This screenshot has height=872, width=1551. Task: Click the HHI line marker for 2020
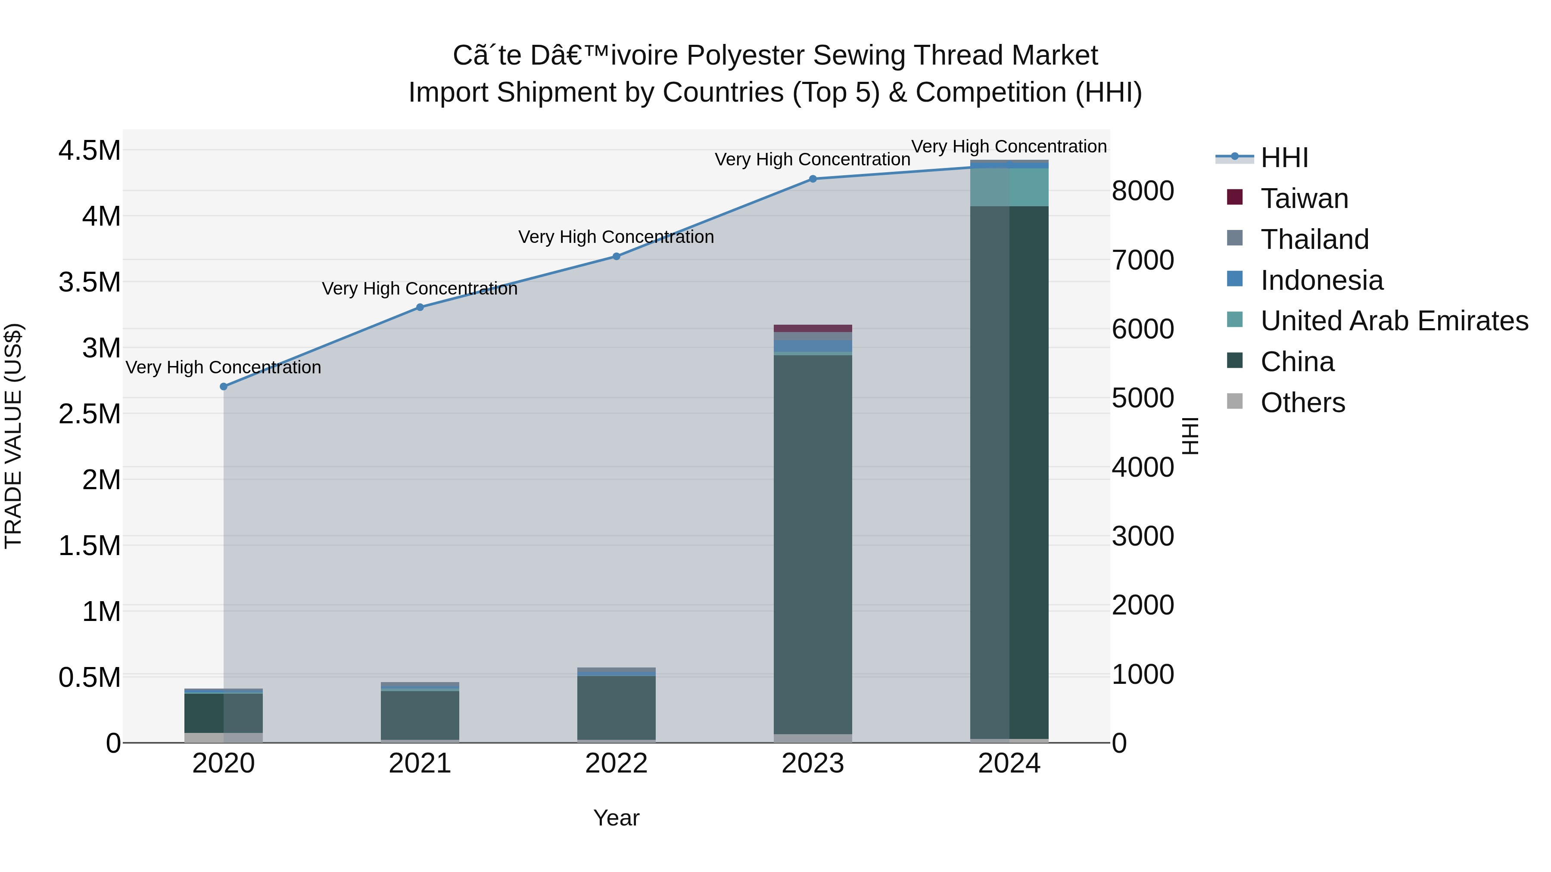coord(223,386)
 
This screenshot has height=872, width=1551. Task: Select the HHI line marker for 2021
coord(420,307)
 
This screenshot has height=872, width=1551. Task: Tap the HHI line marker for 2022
coord(617,256)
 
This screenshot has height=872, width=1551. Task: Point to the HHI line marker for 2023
coord(813,179)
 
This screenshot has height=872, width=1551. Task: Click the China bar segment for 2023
coord(813,542)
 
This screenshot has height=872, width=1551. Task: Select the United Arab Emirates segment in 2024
coord(1010,187)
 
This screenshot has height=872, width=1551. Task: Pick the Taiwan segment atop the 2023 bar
coord(813,329)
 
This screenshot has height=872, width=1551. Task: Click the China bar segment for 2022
coord(617,707)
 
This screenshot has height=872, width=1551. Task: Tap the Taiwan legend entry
coord(1304,199)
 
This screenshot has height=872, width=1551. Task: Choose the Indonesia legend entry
coord(1322,280)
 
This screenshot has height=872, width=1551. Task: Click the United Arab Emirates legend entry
coord(1394,321)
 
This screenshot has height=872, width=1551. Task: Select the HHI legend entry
coord(1284,158)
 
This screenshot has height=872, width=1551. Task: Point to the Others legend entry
coord(1302,403)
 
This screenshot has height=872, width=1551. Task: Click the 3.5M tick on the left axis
coord(90,282)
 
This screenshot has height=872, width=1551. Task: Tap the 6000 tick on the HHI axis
coord(1142,329)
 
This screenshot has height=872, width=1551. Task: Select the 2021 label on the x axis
coord(420,763)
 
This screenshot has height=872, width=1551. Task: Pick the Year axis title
coord(617,818)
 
